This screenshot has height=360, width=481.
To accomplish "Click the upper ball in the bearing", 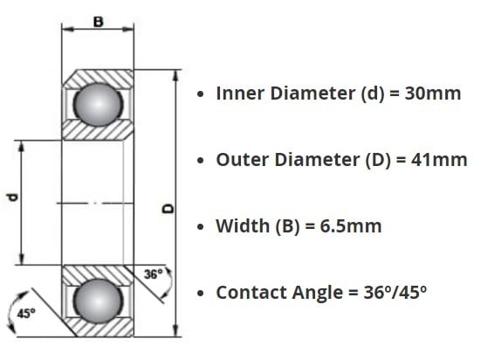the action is (98, 105).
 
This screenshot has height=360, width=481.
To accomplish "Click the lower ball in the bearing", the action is (98, 301).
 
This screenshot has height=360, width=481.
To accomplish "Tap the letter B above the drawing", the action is (98, 22).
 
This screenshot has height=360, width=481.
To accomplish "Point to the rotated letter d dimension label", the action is (13, 197).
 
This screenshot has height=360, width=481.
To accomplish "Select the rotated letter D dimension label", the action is (168, 209).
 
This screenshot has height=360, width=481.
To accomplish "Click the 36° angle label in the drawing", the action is (153, 274).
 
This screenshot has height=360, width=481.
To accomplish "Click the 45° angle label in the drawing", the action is (26, 314).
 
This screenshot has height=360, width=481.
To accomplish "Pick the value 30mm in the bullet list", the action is (433, 93).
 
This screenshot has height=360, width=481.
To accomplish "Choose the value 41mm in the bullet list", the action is (439, 160).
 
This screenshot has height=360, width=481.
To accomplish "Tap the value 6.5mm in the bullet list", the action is (351, 226).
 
